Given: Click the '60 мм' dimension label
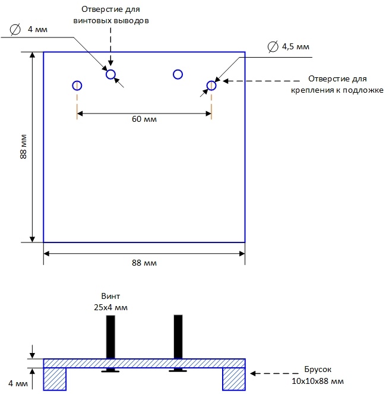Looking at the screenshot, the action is [x=144, y=119].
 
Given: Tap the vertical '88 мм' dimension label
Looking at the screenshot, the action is [x=23, y=147].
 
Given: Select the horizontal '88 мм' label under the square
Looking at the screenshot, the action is [x=144, y=263].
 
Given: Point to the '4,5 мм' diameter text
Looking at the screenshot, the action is [x=296, y=47].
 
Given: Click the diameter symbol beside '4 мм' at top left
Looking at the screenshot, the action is [x=15, y=29].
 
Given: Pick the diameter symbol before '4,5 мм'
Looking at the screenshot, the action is [x=273, y=46].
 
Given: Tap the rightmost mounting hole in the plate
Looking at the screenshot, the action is [x=211, y=81].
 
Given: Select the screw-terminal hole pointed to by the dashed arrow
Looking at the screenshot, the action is [x=110, y=70].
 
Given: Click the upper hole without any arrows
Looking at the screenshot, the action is [x=178, y=70].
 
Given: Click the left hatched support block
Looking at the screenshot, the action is [x=55, y=379].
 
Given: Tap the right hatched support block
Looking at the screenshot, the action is [x=234, y=379].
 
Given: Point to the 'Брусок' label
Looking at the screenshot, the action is [x=318, y=370].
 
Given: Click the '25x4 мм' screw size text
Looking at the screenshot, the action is [x=110, y=307].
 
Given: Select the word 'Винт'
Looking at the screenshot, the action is [x=110, y=296].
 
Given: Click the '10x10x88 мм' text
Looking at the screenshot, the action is [x=318, y=381].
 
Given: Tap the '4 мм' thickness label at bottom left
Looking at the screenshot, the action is [x=18, y=383].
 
